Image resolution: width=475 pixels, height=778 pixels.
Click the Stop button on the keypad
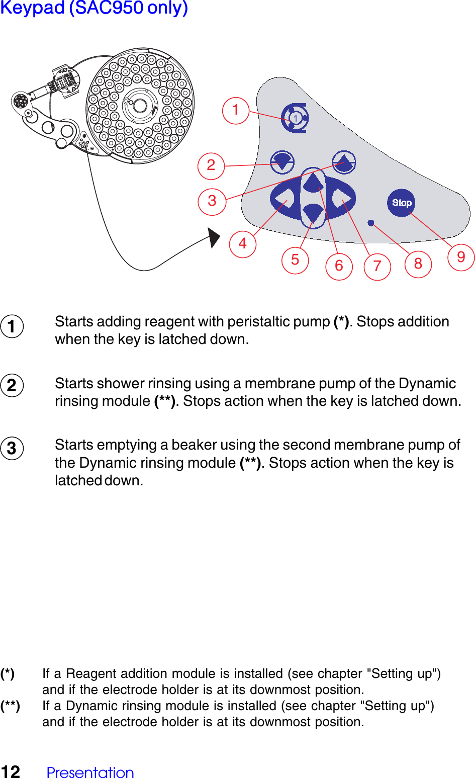tap(401, 203)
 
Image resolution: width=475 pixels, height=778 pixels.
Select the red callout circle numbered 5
tap(295, 260)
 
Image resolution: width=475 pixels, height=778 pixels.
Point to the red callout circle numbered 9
tap(461, 257)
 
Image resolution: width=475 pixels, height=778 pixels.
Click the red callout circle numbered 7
tap(377, 267)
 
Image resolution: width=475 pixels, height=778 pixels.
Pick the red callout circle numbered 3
tap(212, 201)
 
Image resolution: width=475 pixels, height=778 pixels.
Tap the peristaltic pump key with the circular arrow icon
tap(296, 118)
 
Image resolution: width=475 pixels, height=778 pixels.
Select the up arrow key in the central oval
tap(313, 183)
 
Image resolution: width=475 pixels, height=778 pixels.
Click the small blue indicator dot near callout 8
tap(370, 223)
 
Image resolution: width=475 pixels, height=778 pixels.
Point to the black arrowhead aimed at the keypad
tap(214, 237)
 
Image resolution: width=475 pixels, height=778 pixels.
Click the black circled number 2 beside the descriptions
tap(12, 386)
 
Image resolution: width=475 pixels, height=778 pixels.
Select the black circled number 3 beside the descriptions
tap(12, 448)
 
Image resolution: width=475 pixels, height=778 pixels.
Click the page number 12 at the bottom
tap(11, 771)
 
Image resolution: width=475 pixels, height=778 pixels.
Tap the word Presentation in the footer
tap(90, 772)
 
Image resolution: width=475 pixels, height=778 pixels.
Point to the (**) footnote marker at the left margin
tap(10, 706)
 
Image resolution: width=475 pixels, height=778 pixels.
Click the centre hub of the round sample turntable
tap(140, 105)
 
